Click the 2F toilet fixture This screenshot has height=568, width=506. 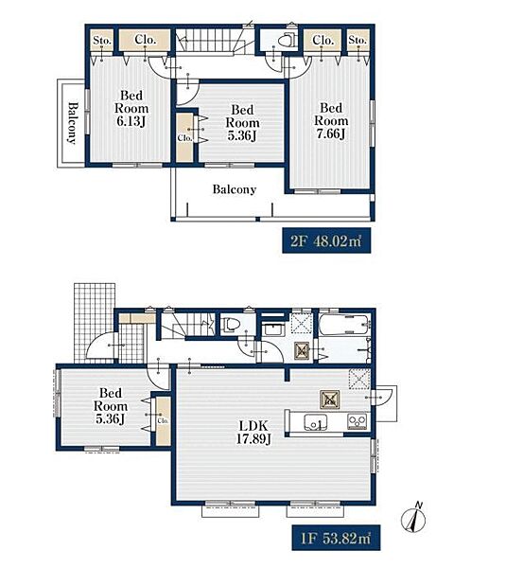coord(288,40)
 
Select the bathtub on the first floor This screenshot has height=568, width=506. coord(344,324)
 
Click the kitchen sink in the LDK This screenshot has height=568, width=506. coord(315,422)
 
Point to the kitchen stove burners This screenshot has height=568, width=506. coord(357,421)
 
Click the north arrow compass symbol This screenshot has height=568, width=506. coord(413,518)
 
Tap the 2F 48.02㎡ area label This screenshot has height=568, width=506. coord(326,240)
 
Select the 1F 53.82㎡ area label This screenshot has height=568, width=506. coord(336,538)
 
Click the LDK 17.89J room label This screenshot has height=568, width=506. coord(253,432)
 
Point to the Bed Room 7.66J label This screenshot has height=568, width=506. coord(331,120)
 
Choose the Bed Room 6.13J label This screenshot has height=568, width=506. coord(131,108)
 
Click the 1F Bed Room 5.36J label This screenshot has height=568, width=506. coord(111,406)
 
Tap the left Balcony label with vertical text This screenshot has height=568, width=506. coord(73,123)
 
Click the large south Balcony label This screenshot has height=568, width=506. coord(235,189)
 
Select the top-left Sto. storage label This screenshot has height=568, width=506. coord(102,40)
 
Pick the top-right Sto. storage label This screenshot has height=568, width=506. coord(358,40)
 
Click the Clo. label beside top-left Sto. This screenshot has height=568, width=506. coord(145,39)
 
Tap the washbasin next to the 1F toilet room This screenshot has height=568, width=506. coord(270,329)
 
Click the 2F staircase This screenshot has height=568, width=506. coord(210,42)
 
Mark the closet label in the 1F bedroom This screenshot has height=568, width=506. coord(163,421)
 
